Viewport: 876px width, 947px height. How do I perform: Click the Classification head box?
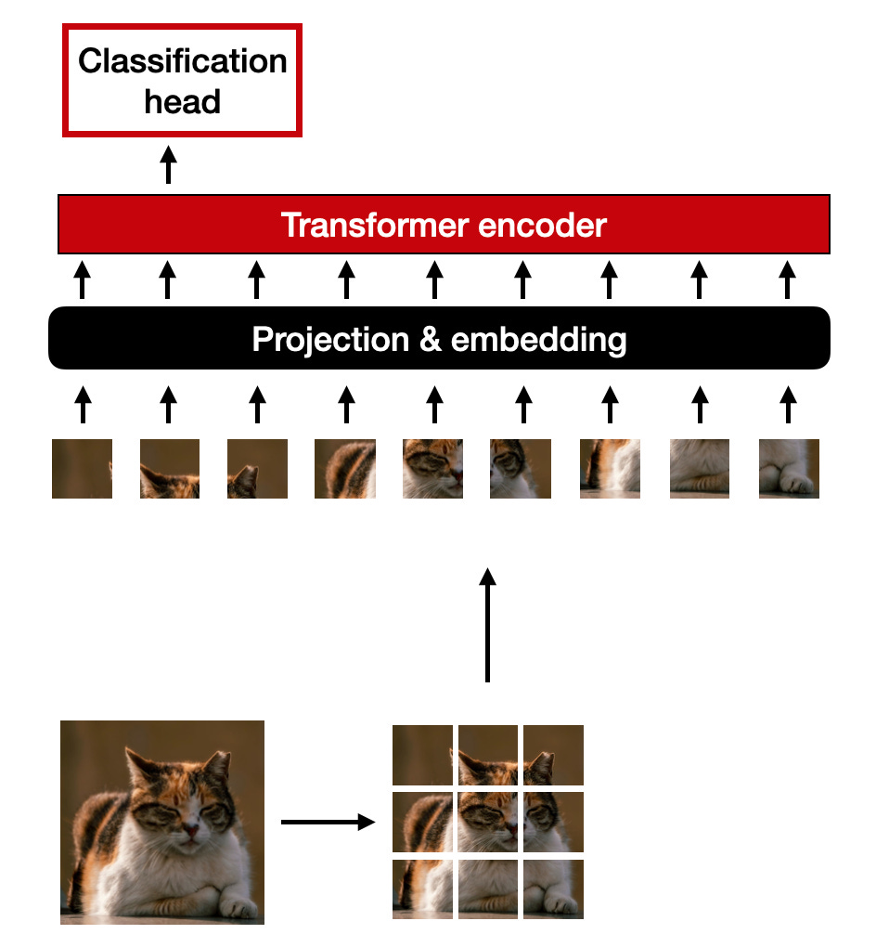coord(182,81)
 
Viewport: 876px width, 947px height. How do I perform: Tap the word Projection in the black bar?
coord(329,340)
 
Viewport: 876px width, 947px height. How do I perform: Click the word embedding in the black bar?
coord(538,340)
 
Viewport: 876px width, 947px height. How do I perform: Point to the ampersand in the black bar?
coord(430,340)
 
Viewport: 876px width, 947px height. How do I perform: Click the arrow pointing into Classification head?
coord(168,164)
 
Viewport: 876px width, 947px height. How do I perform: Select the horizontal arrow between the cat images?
coord(327,822)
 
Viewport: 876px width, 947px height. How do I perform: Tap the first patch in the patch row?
coord(82,469)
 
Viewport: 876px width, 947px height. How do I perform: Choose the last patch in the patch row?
coord(789,469)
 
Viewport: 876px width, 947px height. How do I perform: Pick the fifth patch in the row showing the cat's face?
coord(432,469)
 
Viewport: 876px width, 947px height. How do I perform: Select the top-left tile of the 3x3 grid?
coord(422,755)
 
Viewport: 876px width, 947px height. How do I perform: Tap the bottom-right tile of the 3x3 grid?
coord(554,889)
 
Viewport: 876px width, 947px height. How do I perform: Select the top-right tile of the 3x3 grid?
coord(554,755)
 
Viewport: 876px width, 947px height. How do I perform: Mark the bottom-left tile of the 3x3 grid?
coord(422,889)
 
